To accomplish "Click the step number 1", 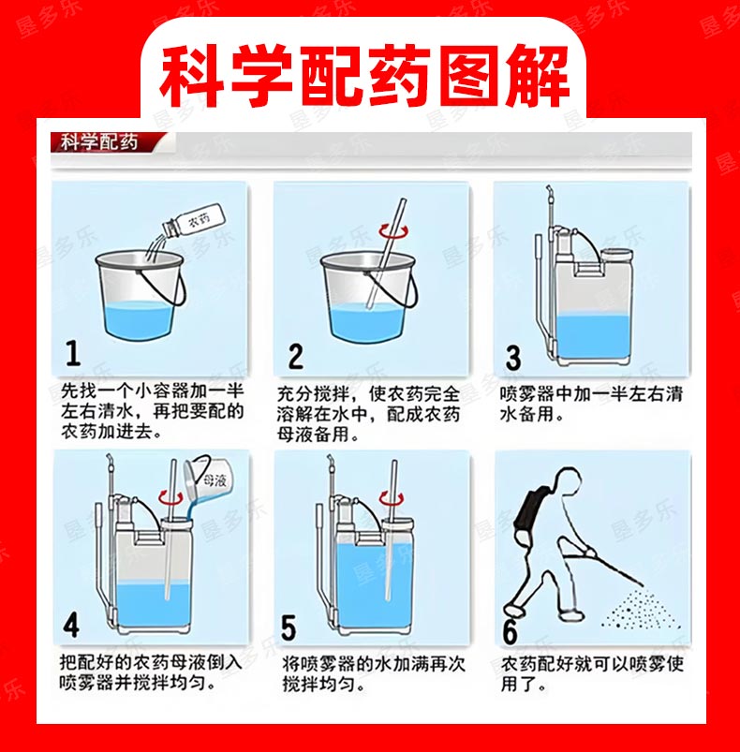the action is pyautogui.click(x=73, y=353).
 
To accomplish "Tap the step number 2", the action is pyautogui.click(x=295, y=357).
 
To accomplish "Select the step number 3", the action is pyautogui.click(x=513, y=358).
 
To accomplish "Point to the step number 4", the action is pyautogui.click(x=71, y=626).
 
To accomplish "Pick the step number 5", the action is pyautogui.click(x=289, y=627).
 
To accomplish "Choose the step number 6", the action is pyautogui.click(x=510, y=632).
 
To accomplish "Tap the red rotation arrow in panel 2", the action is pyautogui.click(x=395, y=231).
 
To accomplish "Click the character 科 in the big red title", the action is pyautogui.click(x=191, y=76).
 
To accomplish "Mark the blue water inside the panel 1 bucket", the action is pyautogui.click(x=139, y=318).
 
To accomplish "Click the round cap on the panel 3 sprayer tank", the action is pyautogui.click(x=615, y=256).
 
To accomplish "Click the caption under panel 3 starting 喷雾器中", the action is pyautogui.click(x=591, y=404).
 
